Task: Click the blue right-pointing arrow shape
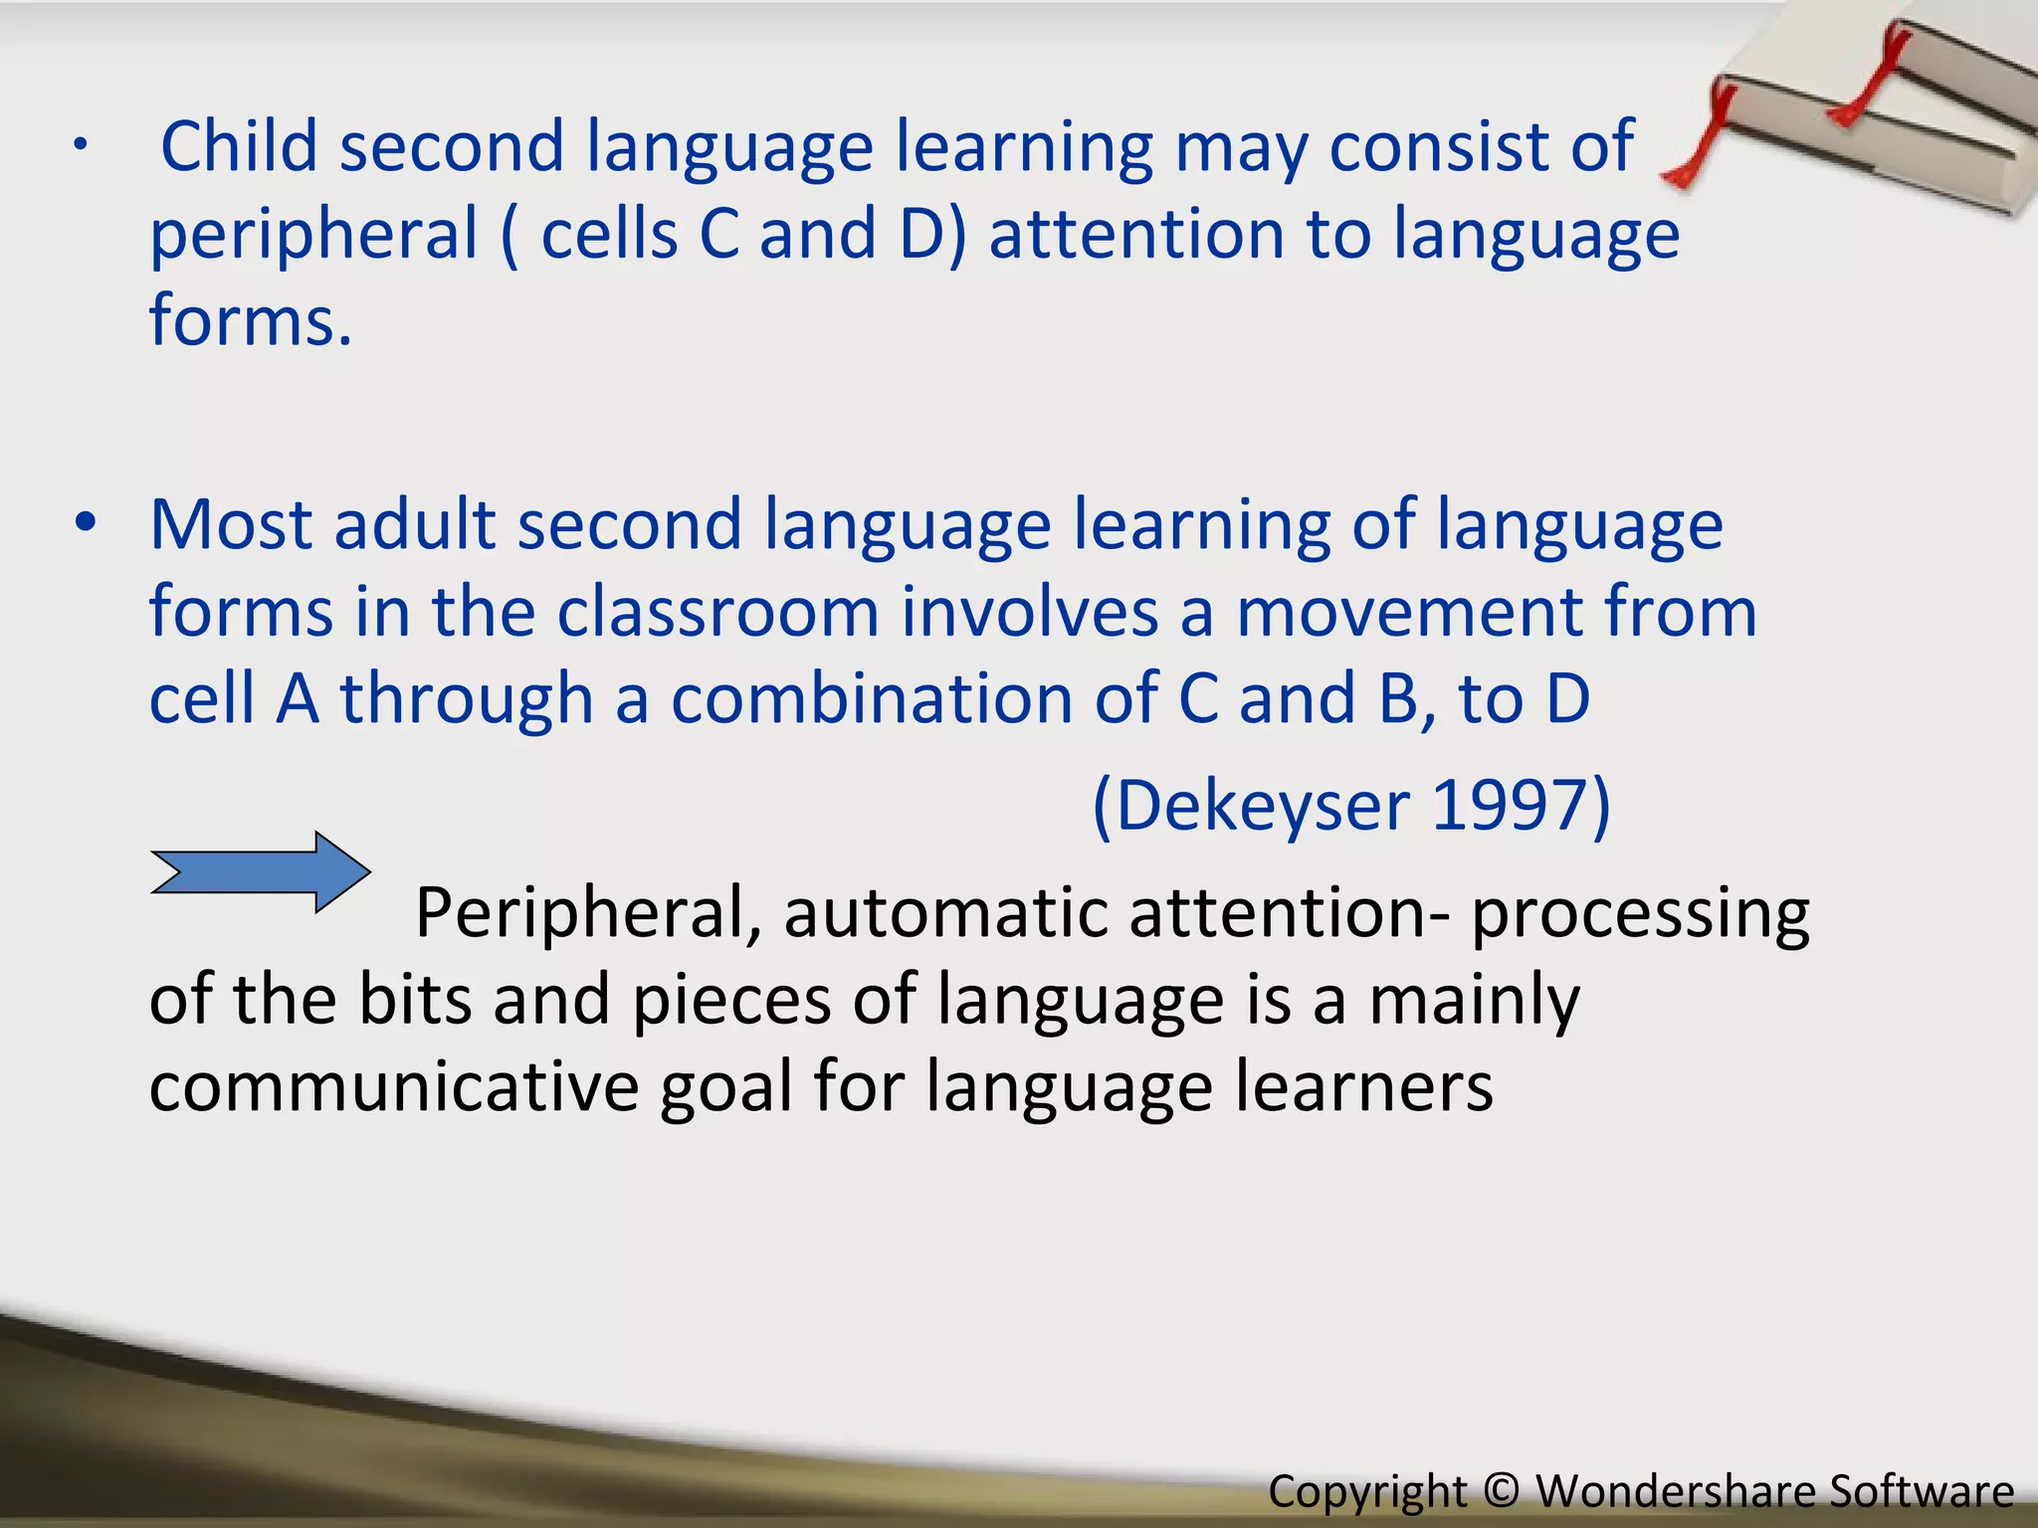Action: [261, 872]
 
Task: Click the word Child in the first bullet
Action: [239, 146]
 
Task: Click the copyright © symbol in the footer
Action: [1501, 1491]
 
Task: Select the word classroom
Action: [717, 612]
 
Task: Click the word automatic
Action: [944, 912]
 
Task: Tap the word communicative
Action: [394, 1086]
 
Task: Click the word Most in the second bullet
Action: [231, 524]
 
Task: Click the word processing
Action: [1641, 914]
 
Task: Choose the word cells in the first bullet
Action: [610, 235]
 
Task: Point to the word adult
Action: [415, 524]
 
